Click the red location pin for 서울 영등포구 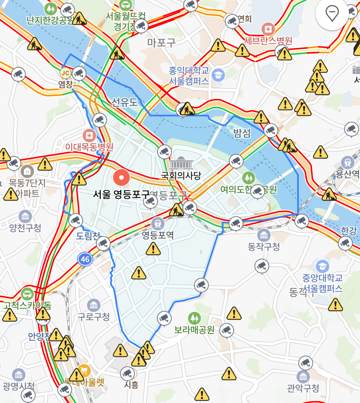point(121,177)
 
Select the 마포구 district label point(161,43)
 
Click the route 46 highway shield point(85,259)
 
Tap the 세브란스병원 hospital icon point(268,29)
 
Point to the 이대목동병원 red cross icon point(89,136)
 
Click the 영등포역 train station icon point(158,223)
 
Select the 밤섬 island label point(242,133)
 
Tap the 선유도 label point(125,102)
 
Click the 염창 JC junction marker point(65,73)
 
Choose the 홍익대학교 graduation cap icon point(218,75)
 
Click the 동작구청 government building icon point(264,235)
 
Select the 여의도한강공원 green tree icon point(248,177)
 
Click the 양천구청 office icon point(25,216)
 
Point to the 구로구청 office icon point(94,305)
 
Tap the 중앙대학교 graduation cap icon point(322,266)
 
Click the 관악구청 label point(303,388)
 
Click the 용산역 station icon point(348,162)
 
